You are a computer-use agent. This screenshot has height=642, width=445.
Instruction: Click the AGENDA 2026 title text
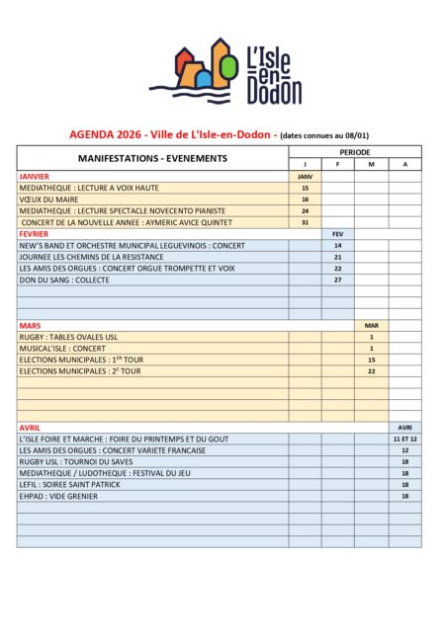172,134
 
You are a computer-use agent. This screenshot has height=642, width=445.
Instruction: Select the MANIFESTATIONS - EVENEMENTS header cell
152,158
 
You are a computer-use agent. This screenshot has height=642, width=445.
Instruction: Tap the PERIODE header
355,152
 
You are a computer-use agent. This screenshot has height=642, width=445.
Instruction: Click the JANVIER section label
35,176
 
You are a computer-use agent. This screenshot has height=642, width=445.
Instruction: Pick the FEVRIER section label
35,233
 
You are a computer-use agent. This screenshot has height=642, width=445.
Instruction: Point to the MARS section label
29,324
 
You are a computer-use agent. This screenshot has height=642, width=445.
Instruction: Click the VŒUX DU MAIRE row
50,199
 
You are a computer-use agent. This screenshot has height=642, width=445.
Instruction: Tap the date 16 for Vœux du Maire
305,199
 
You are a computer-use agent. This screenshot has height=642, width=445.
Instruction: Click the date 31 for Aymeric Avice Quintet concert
305,222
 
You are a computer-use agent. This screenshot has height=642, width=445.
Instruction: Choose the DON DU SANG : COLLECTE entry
64,280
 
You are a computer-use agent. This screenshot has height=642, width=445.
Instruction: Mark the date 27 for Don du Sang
337,280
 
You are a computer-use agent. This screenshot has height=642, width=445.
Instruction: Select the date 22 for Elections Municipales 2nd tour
371,371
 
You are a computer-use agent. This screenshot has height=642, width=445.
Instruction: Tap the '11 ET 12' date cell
404,439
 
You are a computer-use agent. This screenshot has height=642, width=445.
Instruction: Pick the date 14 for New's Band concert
337,245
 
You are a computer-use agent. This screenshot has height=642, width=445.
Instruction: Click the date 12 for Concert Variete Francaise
404,450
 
